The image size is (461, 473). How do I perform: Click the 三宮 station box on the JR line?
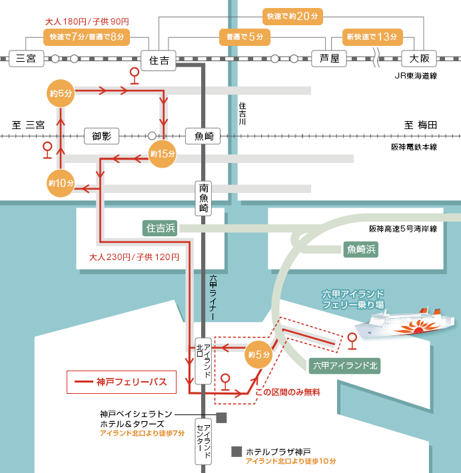[x=25, y=59]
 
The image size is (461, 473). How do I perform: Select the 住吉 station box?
[x=159, y=59]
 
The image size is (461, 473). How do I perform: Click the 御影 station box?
[x=101, y=136]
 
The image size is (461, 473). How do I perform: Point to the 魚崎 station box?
[x=203, y=136]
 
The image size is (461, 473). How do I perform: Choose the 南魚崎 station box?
[x=204, y=198]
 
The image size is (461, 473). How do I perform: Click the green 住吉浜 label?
[x=160, y=228]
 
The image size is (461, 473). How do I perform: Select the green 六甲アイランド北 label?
[x=345, y=365]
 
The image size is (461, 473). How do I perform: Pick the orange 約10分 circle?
[x=61, y=182]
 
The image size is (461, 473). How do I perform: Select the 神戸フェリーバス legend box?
[x=121, y=383]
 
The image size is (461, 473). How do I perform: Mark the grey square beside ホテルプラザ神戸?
[x=236, y=451]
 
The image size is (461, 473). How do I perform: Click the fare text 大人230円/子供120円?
[x=134, y=256]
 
